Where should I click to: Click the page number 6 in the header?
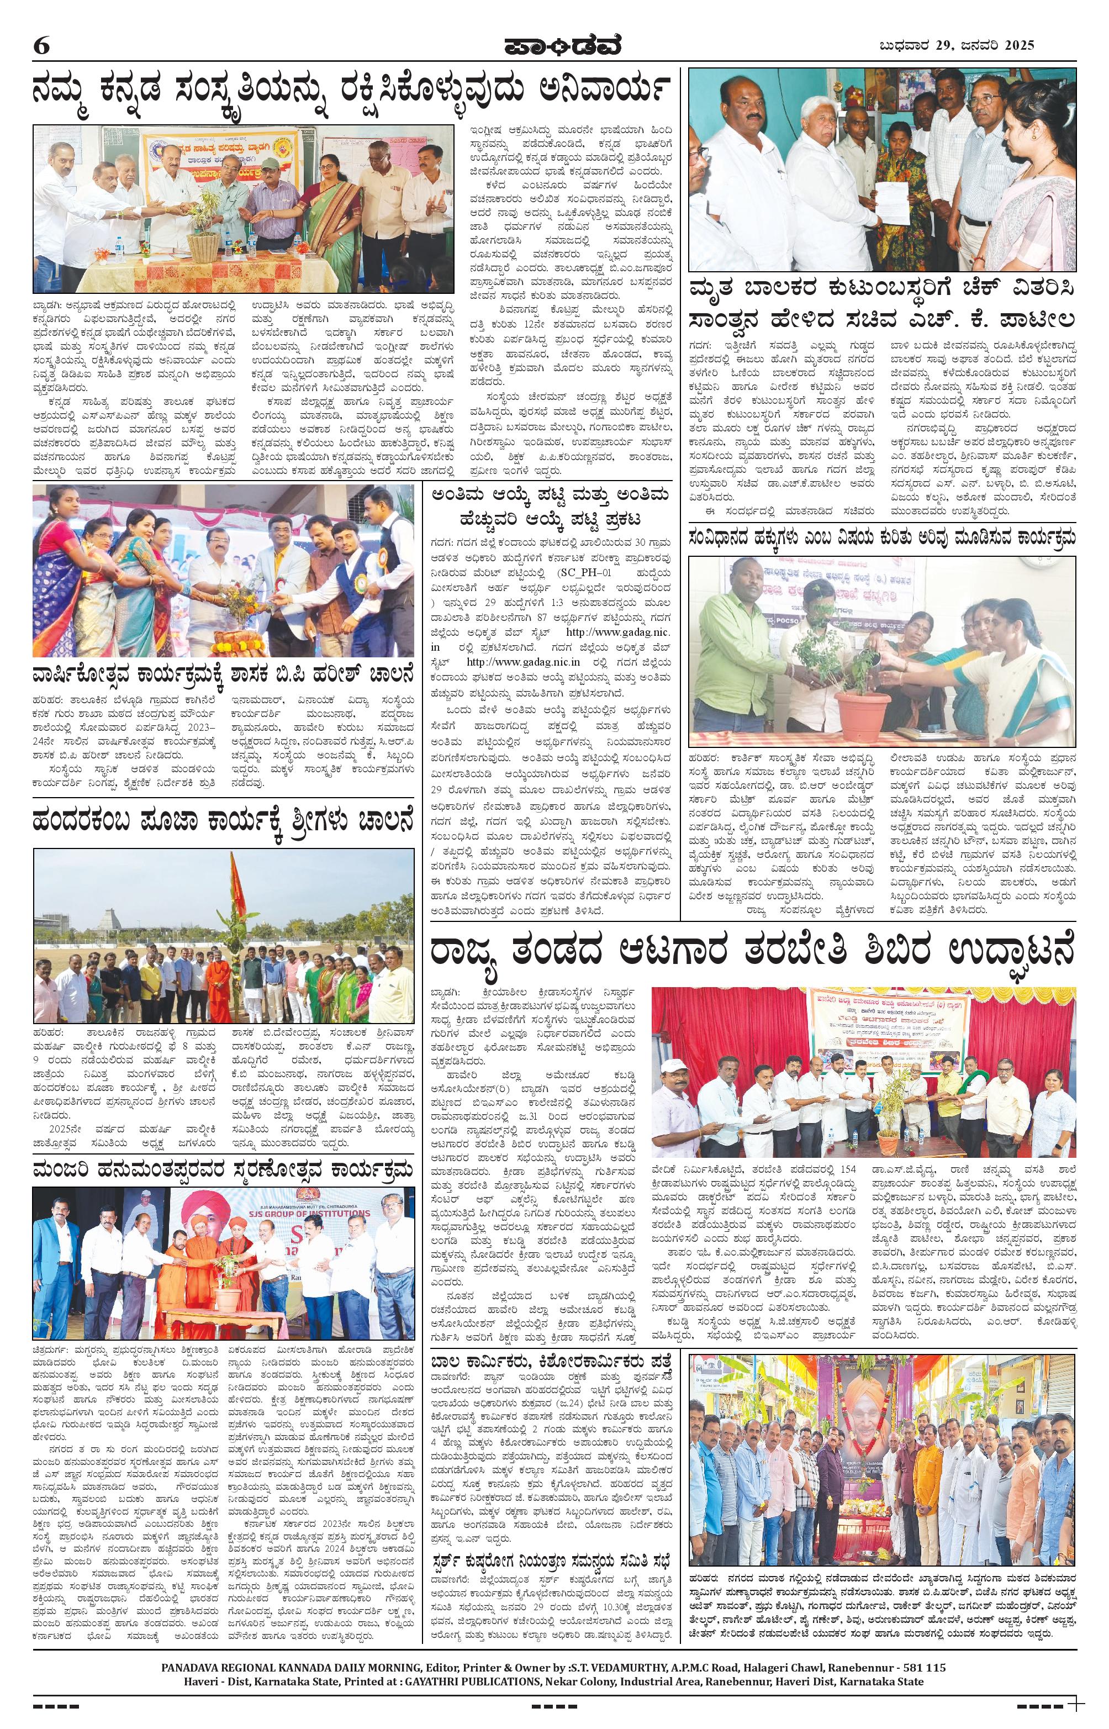tap(41, 46)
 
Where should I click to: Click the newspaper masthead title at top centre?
tap(554, 45)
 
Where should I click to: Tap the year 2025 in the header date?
tap(1017, 45)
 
